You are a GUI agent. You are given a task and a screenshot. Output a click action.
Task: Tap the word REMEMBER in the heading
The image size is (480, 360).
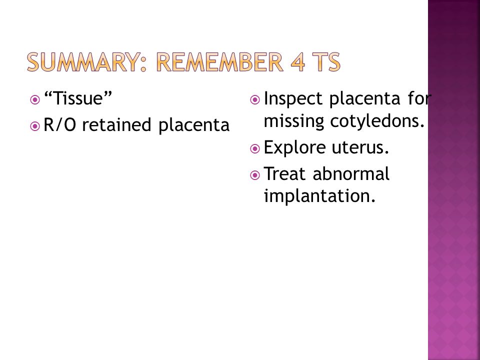pos(219,62)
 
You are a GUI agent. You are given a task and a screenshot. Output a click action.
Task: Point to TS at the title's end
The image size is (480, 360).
pos(327,62)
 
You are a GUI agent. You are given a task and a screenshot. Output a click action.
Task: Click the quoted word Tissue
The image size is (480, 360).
pos(78,98)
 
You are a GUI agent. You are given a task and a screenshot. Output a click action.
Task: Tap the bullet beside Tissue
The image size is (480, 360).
pos(35,100)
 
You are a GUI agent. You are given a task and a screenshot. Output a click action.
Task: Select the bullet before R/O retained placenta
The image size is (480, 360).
pos(35,126)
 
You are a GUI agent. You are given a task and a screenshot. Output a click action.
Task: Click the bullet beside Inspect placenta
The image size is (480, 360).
pos(255,100)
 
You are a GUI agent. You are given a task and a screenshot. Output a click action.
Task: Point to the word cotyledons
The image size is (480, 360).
pos(377,120)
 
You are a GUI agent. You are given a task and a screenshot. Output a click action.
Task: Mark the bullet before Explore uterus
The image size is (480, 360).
pos(255,149)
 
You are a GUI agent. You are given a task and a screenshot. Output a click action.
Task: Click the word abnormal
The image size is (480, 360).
pos(351,174)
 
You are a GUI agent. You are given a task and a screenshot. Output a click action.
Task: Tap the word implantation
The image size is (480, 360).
pos(319,196)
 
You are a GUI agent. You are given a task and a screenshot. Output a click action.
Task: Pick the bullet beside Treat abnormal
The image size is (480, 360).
pos(255,175)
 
